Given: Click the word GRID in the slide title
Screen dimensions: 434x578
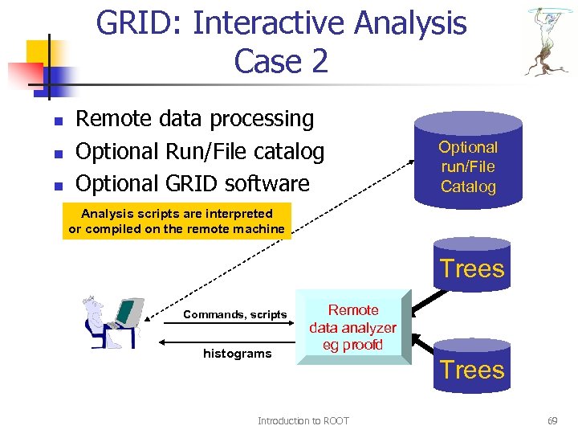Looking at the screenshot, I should click(137, 23).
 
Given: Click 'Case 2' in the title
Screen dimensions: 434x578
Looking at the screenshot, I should click(281, 60).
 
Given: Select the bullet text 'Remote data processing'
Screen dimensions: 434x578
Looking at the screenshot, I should click(194, 119).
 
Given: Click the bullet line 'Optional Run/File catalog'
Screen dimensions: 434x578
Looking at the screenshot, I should click(199, 151).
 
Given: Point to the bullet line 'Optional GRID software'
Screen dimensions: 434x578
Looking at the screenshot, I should click(192, 183).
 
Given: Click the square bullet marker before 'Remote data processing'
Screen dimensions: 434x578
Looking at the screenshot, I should click(58, 121).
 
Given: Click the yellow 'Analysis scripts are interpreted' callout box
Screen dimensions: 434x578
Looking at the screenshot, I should click(177, 221).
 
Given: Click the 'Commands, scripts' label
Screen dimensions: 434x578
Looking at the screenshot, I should click(234, 314).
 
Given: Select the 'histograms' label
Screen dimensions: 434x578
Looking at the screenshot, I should click(237, 354).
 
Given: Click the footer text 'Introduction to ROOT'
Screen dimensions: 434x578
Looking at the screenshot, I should click(303, 421).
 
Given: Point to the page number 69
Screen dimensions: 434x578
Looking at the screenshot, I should click(552, 421).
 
